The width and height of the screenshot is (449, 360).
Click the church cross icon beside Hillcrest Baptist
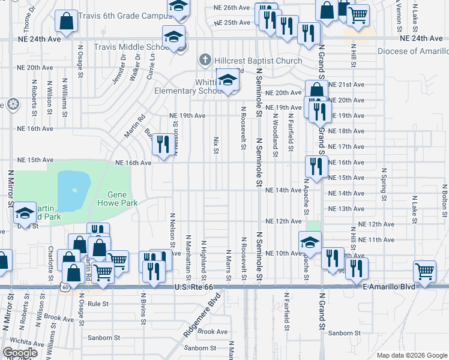[205, 60]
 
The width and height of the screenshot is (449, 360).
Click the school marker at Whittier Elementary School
[228, 80]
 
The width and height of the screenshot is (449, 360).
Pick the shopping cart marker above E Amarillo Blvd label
[425, 269]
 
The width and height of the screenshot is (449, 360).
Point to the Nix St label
[215, 144]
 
